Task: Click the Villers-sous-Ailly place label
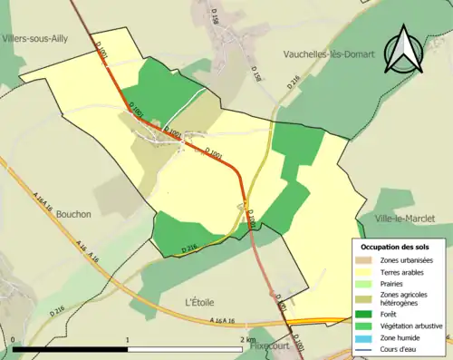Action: point(40,39)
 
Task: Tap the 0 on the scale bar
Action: point(14,339)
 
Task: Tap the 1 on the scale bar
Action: point(127,339)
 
